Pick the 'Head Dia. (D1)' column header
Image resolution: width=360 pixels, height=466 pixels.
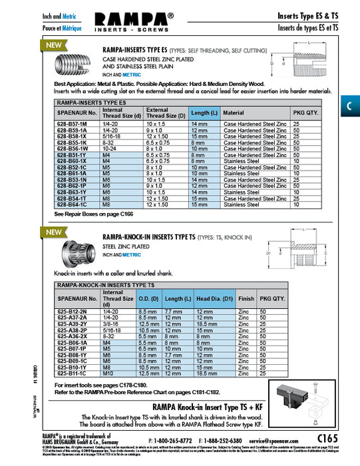point(214,300)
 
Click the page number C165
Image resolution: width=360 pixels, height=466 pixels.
point(331,457)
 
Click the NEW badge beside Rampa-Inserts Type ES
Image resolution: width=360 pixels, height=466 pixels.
point(52,46)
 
